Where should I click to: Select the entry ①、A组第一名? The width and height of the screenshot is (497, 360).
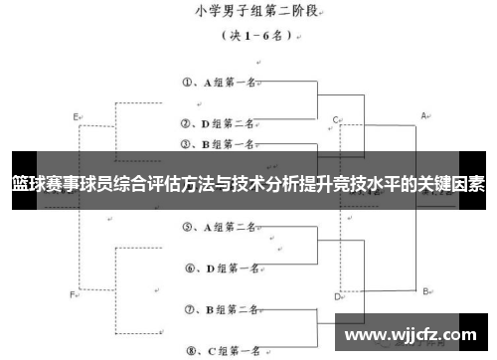221,83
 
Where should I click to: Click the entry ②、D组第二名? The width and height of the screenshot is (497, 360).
221,124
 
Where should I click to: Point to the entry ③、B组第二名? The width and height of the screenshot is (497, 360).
221,144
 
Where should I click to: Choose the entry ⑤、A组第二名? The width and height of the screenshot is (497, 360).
221,227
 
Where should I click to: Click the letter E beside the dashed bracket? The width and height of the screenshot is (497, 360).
77,117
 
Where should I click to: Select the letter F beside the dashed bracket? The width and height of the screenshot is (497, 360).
73,294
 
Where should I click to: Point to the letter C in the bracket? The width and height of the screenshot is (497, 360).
336,118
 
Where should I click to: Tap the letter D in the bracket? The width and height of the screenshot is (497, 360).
338,295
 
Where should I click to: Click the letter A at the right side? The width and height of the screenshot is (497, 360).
424,115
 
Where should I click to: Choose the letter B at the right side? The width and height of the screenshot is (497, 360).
425,290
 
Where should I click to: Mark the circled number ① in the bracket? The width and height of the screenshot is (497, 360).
188,83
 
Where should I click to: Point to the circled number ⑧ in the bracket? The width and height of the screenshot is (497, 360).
189,350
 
